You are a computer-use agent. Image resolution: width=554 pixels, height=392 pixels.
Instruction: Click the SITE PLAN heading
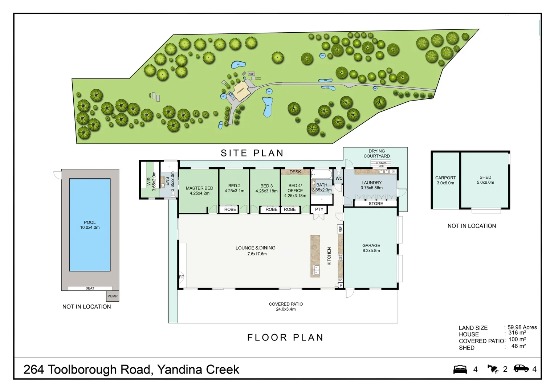click(252, 153)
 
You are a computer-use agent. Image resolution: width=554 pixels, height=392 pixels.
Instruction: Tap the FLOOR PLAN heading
click(285, 338)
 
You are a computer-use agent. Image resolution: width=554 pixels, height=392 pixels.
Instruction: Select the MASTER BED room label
click(199, 191)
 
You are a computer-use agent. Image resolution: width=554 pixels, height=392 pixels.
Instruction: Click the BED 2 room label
click(234, 188)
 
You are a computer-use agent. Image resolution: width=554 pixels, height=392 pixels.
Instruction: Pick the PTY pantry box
click(319, 209)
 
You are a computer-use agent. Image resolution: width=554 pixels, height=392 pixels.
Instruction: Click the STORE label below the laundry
click(376, 204)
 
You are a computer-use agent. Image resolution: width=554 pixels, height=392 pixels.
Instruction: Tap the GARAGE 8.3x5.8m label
click(371, 248)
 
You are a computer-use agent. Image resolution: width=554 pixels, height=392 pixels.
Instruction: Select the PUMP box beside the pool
click(113, 296)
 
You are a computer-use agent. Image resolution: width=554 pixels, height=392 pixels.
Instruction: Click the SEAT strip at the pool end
click(90, 288)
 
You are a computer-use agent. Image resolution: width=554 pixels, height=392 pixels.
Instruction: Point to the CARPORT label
click(445, 180)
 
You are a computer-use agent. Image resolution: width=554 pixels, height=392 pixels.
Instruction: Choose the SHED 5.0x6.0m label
click(485, 180)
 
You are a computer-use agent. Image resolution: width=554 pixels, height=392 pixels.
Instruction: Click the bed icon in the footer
click(460, 369)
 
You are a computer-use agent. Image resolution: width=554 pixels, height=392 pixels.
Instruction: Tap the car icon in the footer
click(521, 368)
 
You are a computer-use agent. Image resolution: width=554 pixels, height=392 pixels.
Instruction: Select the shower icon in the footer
click(493, 369)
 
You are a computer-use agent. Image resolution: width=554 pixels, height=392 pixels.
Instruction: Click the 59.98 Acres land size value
click(522, 327)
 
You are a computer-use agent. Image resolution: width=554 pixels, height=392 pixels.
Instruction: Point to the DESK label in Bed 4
click(295, 172)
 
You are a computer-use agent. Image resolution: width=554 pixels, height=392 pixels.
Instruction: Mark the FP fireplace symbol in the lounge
click(182, 277)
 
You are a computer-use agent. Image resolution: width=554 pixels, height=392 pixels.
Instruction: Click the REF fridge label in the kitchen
click(340, 229)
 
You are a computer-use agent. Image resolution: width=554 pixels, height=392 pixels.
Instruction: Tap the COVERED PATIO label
click(286, 307)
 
